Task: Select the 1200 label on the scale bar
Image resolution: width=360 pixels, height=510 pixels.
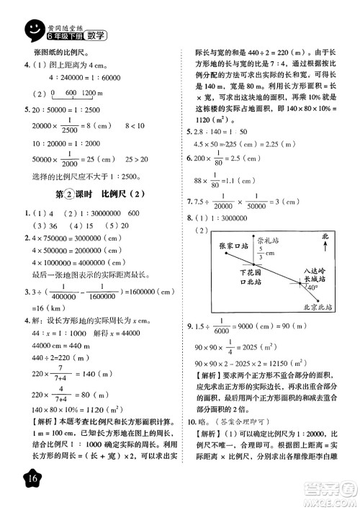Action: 89,94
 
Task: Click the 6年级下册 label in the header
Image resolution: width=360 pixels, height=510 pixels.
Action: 63,35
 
